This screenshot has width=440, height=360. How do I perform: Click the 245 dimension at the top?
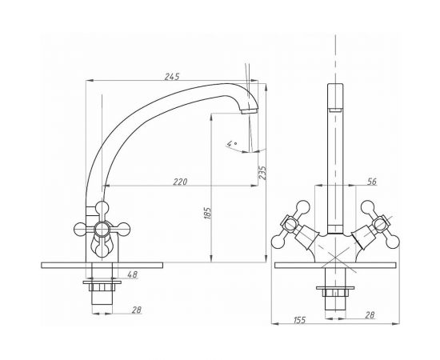[x=171, y=76]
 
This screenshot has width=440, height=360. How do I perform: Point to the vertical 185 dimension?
[x=207, y=214]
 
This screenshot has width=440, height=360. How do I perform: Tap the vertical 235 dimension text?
[x=262, y=171]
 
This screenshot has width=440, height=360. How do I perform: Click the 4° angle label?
[x=232, y=143]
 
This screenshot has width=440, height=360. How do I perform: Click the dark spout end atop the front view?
[x=334, y=104]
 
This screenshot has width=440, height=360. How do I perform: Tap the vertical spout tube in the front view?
[x=334, y=168]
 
